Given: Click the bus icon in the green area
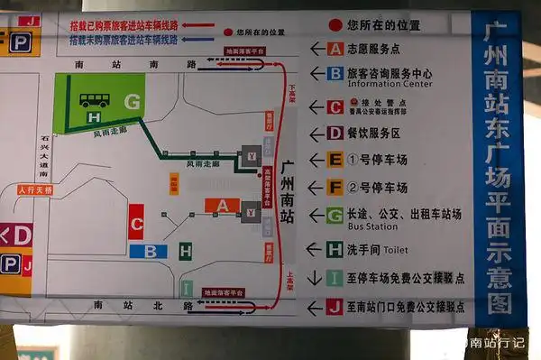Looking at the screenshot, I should [x=93, y=100].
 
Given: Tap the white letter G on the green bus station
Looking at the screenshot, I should [x=133, y=103].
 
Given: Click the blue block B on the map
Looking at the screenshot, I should [x=149, y=252].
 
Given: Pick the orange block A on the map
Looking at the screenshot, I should [x=222, y=206].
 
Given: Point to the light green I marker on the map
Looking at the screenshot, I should [x=186, y=289].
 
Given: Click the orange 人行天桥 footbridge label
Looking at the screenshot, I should [x=36, y=190].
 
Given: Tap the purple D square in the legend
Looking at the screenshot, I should [x=335, y=134].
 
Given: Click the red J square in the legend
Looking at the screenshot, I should [x=335, y=307].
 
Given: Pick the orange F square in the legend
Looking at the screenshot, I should [x=335, y=188].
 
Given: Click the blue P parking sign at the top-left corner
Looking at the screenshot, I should [x=18, y=41].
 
